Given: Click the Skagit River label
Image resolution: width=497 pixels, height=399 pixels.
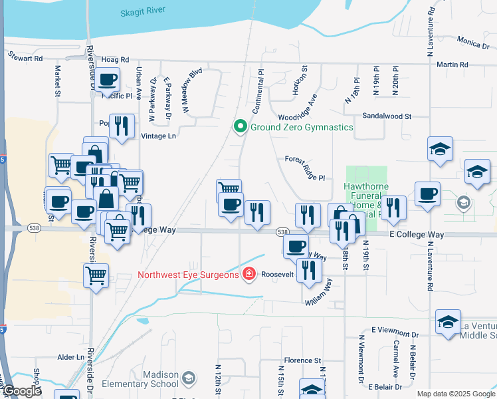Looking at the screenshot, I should click(151, 13).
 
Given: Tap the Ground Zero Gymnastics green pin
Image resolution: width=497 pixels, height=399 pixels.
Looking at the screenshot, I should click(240, 126).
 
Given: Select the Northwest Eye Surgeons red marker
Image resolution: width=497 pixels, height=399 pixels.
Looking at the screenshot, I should click(248, 274).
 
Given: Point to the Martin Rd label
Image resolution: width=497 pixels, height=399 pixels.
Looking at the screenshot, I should click(453, 65).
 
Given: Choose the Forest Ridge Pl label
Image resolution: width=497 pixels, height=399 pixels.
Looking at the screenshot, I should click(304, 160).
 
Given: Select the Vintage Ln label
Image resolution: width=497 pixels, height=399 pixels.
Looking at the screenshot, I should click(158, 136).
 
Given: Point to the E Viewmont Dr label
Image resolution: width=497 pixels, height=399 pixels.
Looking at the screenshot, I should click(395, 330).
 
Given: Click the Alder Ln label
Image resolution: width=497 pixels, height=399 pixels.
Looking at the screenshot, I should click(70, 357).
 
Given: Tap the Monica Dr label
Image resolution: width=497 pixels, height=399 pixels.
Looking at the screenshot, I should click(472, 43).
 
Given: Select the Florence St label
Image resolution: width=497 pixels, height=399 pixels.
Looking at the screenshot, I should click(302, 360).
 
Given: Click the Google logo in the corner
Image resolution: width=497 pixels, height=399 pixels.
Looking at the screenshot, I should click(22, 392).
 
